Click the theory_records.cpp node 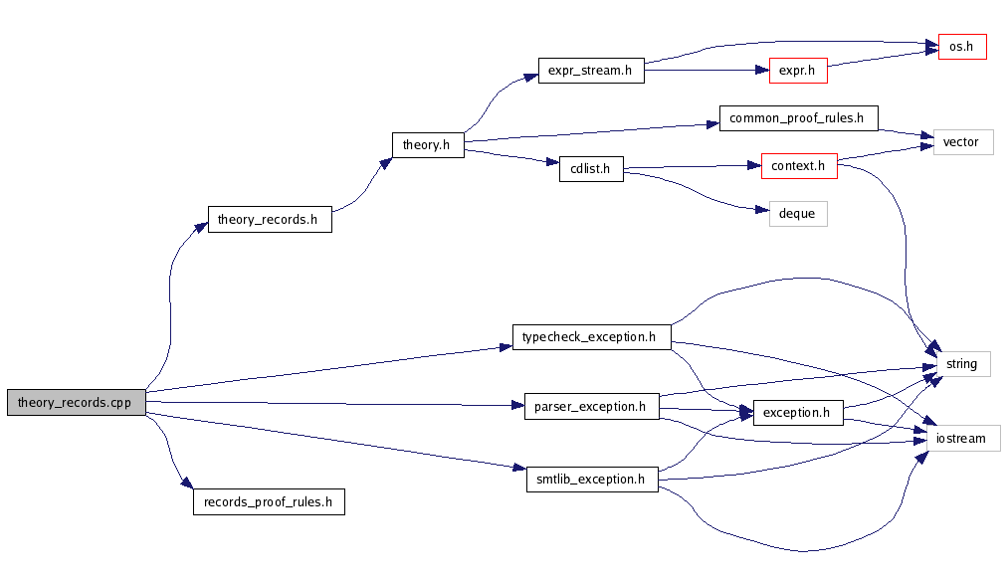click(76, 403)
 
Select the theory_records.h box click(269, 220)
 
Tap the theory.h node click(427, 145)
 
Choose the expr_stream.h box click(590, 71)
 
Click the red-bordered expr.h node click(798, 71)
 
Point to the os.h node click(961, 47)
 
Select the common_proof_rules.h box click(798, 118)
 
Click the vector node click(961, 142)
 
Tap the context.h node click(798, 166)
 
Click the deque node click(798, 213)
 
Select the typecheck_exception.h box click(590, 337)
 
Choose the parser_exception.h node click(590, 406)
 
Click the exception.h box click(798, 412)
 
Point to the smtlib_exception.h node click(590, 480)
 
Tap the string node click(961, 364)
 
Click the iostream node click(961, 438)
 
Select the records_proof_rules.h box click(269, 501)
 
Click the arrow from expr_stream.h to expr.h click(706, 71)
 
